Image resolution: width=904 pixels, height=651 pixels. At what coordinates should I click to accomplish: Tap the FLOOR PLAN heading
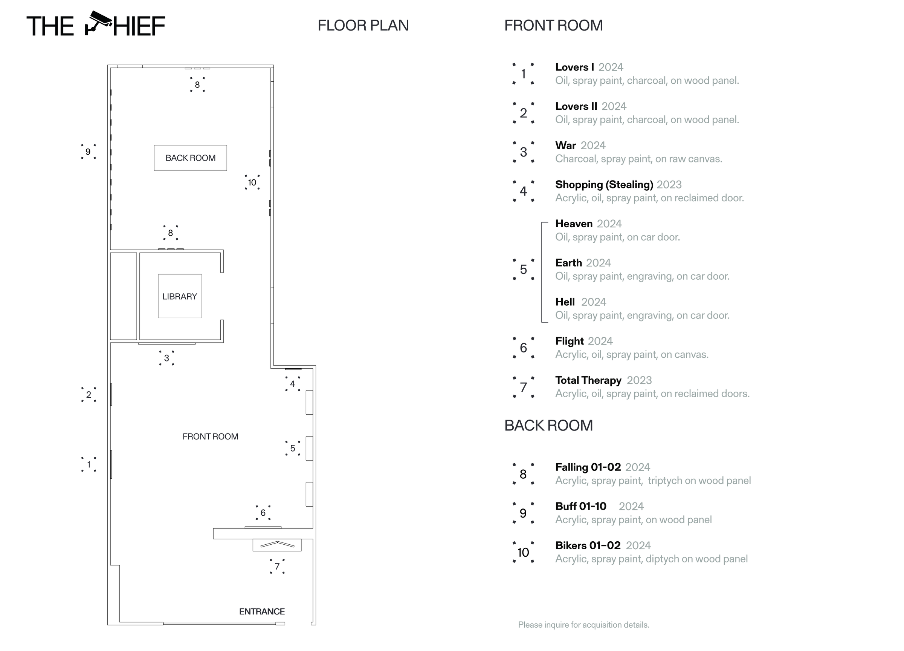363,26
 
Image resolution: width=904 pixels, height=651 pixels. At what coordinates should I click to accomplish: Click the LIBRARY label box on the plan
180,296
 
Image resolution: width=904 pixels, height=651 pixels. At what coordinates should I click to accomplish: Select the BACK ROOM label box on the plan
191,158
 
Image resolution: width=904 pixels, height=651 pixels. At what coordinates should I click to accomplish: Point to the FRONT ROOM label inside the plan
210,437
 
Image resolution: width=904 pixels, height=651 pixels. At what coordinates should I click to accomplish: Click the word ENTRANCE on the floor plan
262,611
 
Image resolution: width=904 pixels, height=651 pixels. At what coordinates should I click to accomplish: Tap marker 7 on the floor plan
277,567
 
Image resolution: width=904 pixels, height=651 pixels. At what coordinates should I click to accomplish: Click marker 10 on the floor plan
252,182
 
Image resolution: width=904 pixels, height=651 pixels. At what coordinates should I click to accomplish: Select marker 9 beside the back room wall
88,152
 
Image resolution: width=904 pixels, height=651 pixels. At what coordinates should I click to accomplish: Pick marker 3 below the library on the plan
166,358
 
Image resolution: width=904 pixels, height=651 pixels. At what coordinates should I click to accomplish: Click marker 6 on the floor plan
263,513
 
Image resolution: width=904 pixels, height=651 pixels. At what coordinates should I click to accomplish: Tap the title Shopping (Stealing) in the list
604,185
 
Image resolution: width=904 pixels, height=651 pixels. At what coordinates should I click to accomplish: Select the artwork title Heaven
574,224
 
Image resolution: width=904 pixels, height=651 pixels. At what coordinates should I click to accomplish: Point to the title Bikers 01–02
588,545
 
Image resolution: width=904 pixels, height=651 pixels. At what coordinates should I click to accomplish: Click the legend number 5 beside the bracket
523,269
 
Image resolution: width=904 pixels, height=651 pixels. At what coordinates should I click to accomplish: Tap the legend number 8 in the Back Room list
523,474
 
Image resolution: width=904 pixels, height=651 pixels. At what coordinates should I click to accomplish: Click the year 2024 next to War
593,146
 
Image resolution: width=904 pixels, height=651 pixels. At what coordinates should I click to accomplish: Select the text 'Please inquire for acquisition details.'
583,625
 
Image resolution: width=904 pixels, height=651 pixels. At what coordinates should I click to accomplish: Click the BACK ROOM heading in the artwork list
548,426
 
